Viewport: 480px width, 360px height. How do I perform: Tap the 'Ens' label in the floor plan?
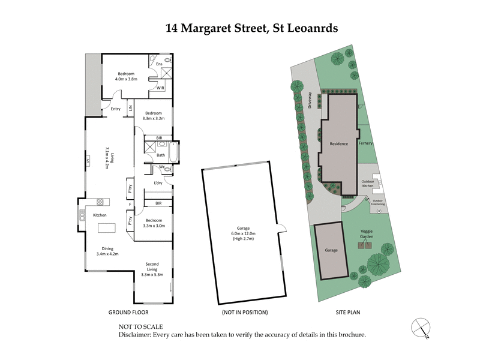(160, 64)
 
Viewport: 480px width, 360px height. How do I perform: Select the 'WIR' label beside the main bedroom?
(160, 88)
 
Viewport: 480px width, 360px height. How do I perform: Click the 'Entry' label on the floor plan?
(116, 109)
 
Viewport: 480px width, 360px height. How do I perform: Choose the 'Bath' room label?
(160, 155)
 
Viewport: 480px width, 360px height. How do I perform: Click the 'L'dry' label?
(158, 182)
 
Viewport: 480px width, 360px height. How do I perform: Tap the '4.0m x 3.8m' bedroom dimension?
(127, 79)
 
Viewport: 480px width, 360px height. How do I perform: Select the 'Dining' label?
(108, 248)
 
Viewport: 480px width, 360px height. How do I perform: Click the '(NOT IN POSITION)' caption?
(244, 313)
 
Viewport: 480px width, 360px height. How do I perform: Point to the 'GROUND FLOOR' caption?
(128, 313)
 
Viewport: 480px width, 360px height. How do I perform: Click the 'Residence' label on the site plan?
(340, 144)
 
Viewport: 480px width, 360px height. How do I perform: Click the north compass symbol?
(421, 327)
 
